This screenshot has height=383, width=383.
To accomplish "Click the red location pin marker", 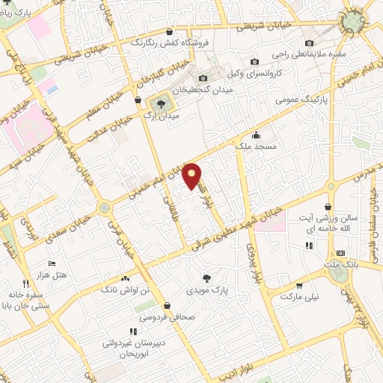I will click(193, 175).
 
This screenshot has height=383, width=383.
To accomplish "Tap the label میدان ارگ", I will click(161, 117).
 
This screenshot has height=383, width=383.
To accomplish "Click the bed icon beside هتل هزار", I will click(52, 264).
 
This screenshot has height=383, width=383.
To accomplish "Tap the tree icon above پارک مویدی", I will click(217, 278).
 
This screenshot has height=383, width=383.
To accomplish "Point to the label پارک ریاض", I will click(21, 11).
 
